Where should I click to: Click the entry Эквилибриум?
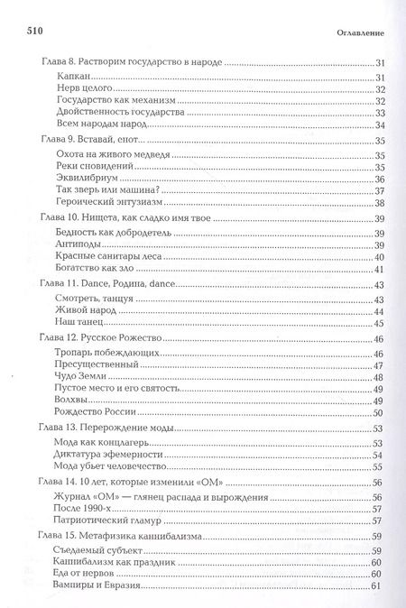pos(88,179)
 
